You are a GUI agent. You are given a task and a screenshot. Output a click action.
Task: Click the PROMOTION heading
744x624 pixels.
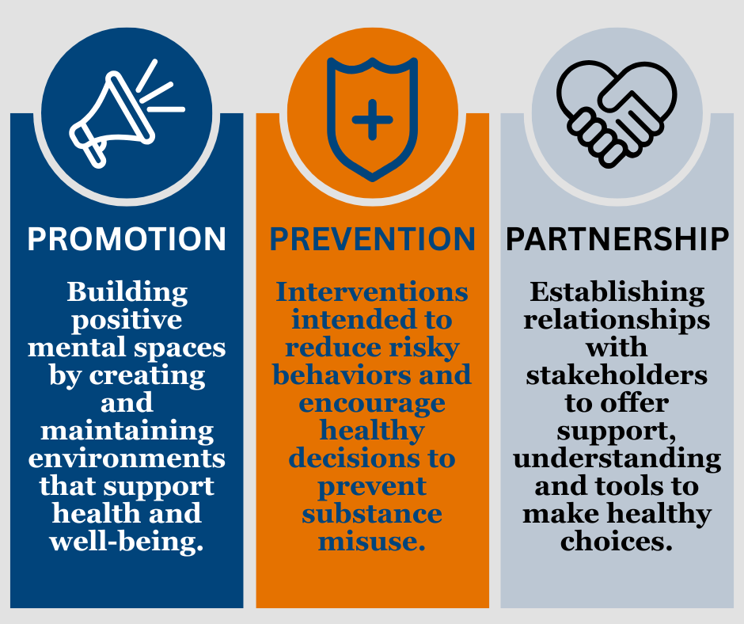coord(126,239)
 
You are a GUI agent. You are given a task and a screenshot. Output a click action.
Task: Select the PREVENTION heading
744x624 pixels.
coord(373,239)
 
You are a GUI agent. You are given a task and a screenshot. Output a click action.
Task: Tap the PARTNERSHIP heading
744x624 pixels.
coord(617,239)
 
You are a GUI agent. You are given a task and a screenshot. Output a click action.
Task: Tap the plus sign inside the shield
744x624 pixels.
coord(373,120)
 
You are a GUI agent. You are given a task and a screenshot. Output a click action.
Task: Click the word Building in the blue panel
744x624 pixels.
coord(127,292)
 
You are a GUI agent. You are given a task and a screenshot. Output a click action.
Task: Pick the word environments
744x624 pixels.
coord(127,458)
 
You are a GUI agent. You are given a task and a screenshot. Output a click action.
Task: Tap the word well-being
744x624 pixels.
coord(126,542)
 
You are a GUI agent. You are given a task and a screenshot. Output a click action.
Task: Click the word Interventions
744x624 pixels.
coord(372,291)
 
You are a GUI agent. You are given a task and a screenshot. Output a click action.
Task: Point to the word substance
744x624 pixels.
coord(372,514)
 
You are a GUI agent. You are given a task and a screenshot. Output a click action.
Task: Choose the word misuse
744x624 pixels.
coord(372,542)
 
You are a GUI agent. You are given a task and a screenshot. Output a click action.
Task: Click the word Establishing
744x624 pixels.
coord(617,292)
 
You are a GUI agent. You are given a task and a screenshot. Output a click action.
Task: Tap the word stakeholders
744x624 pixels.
coord(617,375)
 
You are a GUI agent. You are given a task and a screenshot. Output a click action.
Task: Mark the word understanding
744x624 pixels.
coord(617,459)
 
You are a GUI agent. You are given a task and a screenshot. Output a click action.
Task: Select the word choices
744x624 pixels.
coord(617,542)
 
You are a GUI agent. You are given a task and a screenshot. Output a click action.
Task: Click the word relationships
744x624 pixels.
coord(617,320)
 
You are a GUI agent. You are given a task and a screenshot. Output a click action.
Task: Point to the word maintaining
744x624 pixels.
coord(127,432)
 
